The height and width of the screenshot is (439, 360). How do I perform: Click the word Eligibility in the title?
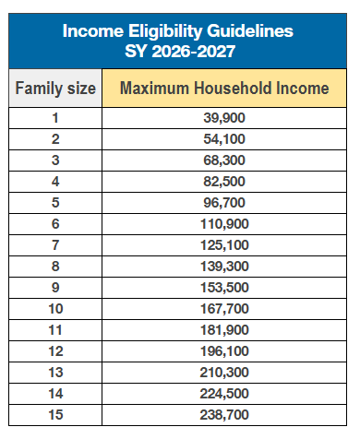coord(165,31)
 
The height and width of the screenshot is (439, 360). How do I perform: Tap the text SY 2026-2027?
coord(180,51)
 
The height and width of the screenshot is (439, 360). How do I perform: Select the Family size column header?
coord(55,89)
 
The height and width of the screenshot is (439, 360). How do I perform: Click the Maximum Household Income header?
coord(224,89)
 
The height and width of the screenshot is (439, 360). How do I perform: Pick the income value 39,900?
coord(224,118)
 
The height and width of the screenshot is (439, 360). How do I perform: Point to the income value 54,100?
coord(224,139)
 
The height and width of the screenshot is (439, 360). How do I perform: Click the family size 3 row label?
coord(55,160)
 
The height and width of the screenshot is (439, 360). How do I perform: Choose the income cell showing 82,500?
coord(224,182)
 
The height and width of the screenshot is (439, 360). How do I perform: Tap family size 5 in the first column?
coord(55,203)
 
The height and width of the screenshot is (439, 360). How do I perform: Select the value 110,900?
coord(224,224)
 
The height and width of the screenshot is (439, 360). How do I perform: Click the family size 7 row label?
coord(55,245)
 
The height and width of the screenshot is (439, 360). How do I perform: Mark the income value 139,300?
coord(224,267)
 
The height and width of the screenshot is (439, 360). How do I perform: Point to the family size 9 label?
coord(55,288)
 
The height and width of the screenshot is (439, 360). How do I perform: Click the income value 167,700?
coord(224,309)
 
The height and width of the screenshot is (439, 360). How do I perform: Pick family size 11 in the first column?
coord(55,330)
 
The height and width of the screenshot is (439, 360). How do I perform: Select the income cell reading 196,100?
coord(224,351)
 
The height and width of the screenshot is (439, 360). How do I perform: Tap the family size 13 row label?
coord(55,373)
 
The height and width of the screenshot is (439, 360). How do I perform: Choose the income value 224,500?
coord(224,394)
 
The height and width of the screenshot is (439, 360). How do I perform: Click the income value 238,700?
coord(224,415)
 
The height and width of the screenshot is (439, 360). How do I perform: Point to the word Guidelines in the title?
coord(250,31)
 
